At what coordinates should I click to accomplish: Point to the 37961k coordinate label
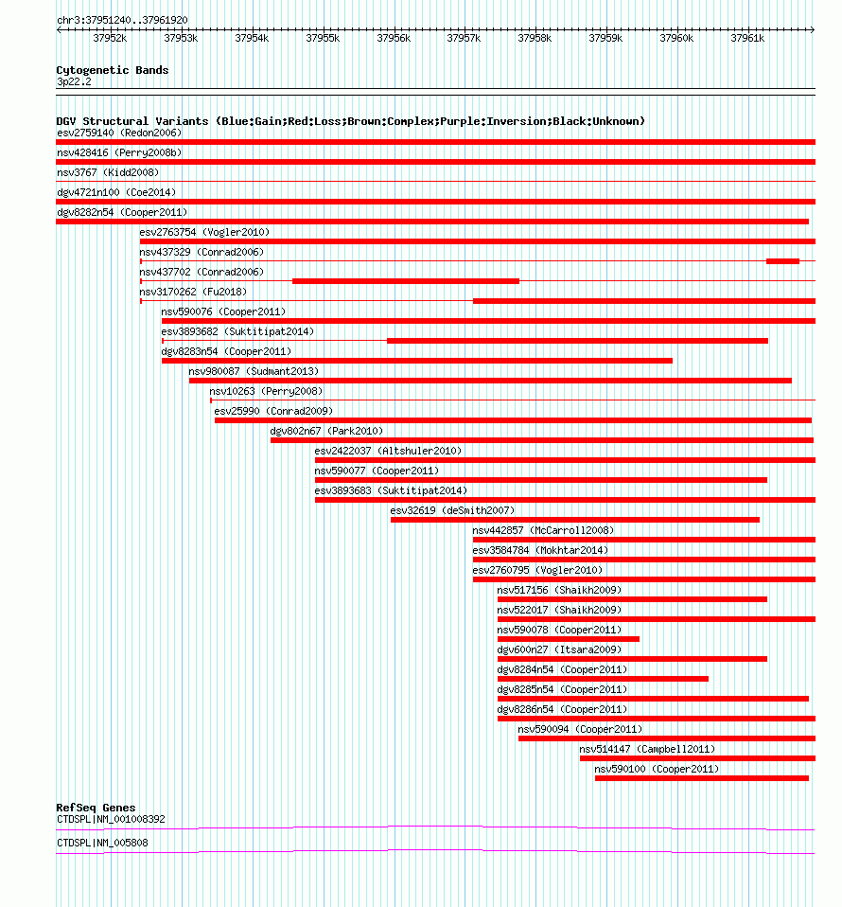point(746,38)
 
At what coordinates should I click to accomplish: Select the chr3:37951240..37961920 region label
point(122,20)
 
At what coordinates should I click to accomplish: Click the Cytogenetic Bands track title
point(112,70)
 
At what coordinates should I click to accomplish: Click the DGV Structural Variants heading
point(350,121)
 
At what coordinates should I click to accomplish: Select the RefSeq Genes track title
point(96,808)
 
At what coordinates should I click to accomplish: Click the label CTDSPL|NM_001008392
point(111,819)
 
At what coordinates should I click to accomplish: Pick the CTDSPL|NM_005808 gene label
point(102,843)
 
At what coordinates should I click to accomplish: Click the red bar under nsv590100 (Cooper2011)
point(701,778)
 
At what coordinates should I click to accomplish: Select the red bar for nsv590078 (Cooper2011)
point(568,639)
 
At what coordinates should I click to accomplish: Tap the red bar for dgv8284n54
point(603,679)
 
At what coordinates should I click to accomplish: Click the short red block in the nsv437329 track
point(782,261)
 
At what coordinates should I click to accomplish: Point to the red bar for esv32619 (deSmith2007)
point(574,520)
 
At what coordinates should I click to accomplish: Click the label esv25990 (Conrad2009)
point(273,411)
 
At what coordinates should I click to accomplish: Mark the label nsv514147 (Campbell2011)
point(647,749)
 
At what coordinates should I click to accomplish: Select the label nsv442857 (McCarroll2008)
point(543,530)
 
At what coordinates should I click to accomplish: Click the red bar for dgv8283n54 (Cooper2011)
point(416,361)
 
